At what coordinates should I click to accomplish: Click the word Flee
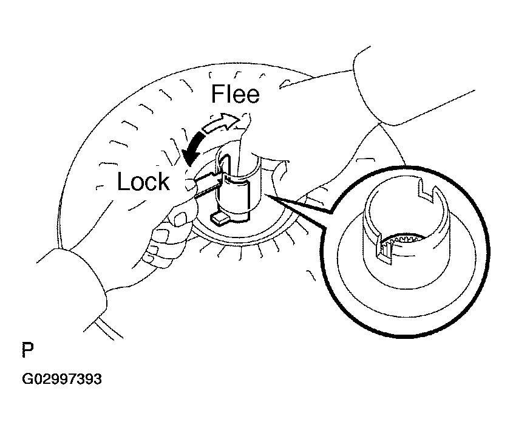click(x=236, y=94)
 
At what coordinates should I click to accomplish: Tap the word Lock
click(x=144, y=182)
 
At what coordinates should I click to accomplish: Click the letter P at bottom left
click(x=28, y=350)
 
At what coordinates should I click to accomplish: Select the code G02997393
click(x=62, y=379)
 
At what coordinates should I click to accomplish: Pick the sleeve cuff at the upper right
click(x=376, y=88)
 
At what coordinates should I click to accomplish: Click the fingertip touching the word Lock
click(x=189, y=184)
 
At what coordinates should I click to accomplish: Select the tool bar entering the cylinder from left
click(x=207, y=186)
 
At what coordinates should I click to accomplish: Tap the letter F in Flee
click(x=217, y=94)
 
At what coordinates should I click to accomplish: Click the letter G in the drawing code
click(x=27, y=379)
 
